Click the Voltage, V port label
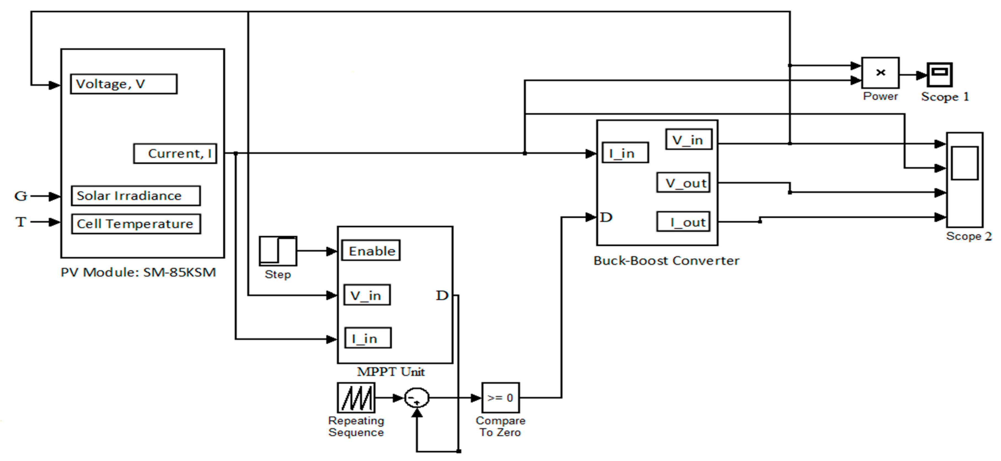124,84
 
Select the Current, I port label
175,154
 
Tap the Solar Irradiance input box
136,196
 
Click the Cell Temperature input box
136,224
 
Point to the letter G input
21,196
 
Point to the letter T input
21,222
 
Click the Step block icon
278,251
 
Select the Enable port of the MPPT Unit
371,251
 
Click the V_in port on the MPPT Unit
367,295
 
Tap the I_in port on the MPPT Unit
368,338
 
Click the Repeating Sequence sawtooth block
356,398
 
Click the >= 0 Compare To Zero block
500,398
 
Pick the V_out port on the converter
683,182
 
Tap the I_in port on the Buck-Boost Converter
625,153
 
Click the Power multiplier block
880,73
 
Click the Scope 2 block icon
965,179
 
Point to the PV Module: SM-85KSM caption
138,272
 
